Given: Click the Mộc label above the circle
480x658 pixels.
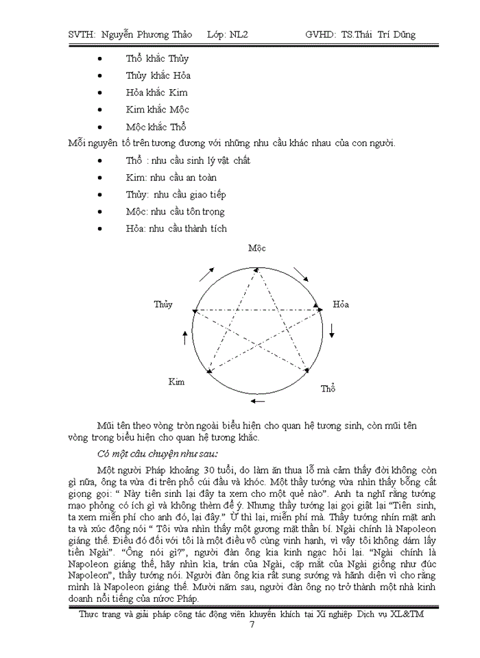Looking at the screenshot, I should click(x=256, y=248).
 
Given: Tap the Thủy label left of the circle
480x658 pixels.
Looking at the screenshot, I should click(x=163, y=304).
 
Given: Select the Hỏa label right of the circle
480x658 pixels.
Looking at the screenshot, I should click(x=341, y=304).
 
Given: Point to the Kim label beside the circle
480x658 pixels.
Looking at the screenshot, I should click(x=176, y=381).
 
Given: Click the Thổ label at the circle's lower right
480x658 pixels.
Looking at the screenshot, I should click(x=328, y=389).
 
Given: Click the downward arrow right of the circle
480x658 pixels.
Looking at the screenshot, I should click(x=332, y=330).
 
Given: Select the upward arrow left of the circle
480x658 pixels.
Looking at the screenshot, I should click(x=184, y=337).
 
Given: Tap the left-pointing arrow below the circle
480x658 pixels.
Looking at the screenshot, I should click(x=257, y=400).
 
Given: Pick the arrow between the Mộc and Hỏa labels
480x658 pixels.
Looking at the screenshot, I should click(x=301, y=275).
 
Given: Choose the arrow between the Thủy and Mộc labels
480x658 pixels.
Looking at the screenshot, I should click(x=206, y=273).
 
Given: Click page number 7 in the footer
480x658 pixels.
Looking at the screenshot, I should click(x=252, y=624).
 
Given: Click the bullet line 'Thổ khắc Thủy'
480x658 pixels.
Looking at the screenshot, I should click(x=157, y=58).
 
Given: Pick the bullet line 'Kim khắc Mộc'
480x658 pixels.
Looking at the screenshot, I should click(x=157, y=110).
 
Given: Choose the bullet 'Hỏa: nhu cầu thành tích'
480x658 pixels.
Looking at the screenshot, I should click(x=176, y=228).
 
